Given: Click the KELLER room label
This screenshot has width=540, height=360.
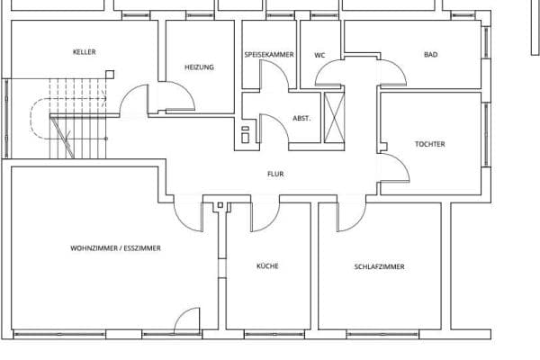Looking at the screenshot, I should click(84, 52).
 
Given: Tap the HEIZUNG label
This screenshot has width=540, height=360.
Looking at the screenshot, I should click(199, 67).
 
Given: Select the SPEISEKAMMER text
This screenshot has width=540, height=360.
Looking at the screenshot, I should click(269, 55).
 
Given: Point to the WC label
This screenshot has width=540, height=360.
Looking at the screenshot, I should click(319, 55).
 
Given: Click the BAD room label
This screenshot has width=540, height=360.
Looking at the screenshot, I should click(430, 55).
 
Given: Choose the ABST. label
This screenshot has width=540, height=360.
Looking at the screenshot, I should click(301, 118).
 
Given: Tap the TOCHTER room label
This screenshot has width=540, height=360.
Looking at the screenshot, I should click(429, 144).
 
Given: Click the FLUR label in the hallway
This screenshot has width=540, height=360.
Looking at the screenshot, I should click(274, 174).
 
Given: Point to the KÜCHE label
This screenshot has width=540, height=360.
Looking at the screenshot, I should click(266, 266).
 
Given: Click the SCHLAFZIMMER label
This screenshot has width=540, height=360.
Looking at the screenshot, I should click(379, 266).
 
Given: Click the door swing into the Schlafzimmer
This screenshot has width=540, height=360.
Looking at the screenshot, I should click(352, 214).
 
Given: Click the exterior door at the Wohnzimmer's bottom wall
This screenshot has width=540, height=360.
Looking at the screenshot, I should click(186, 319).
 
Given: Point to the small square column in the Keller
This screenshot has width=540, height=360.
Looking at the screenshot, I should click(110, 76).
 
